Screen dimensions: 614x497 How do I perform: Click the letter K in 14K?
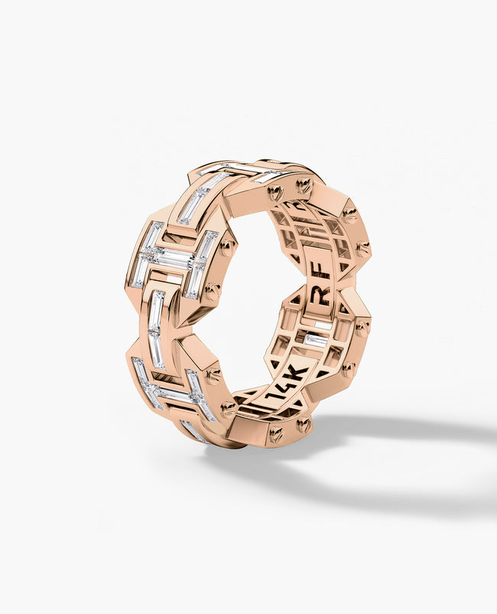click(297, 372)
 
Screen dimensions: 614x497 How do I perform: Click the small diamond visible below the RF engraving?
click(316, 338)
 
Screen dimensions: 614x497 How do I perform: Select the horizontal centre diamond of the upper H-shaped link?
click(171, 259)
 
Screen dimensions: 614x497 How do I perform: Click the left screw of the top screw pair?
click(277, 191)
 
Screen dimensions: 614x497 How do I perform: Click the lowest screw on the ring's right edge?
click(348, 369)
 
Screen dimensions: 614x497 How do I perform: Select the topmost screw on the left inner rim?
click(226, 247)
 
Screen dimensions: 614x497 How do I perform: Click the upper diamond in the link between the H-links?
click(157, 311)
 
